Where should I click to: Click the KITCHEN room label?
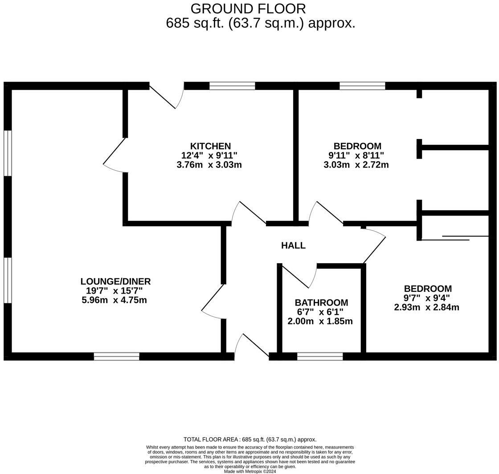pos(210,146)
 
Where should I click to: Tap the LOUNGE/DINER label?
pos(115,282)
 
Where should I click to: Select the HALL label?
pos(293,245)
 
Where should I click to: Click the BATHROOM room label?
pos(321,303)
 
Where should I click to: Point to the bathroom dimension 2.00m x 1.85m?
pos(320,321)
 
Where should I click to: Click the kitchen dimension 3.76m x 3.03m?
pos(209,165)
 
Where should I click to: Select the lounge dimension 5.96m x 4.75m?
pos(114,300)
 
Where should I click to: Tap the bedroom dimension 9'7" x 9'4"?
pos(427,298)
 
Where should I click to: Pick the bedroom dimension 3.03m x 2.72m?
pos(356,165)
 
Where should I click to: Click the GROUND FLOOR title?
pos(248,8)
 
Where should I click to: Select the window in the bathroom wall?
pos(320,356)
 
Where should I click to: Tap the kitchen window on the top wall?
pos(232,86)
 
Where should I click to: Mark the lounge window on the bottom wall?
pos(117,356)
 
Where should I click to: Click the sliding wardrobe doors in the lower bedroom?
pos(454,238)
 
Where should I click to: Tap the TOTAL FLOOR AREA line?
pos(250,439)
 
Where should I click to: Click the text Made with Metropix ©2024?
pos(250,471)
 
